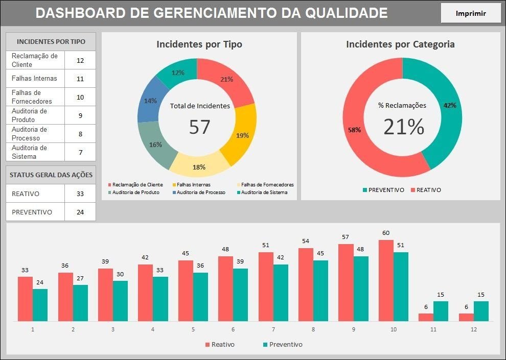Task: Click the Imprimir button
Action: click(471, 14)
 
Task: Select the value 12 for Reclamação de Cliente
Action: click(80, 60)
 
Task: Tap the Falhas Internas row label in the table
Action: click(34, 79)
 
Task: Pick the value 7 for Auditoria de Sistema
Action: click(80, 152)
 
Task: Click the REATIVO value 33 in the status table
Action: click(80, 194)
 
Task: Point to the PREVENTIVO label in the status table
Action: click(32, 212)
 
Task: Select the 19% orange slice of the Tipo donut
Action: click(242, 135)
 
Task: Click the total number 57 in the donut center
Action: click(199, 127)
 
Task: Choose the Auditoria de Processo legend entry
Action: click(201, 193)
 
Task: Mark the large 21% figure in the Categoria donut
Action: click(404, 127)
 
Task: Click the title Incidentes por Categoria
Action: click(400, 44)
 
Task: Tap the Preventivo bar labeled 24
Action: click(40, 305)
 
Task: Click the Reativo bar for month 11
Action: click(426, 317)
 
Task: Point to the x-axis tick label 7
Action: click(273, 330)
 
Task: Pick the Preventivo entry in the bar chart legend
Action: click(282, 345)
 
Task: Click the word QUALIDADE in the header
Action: click(346, 13)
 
